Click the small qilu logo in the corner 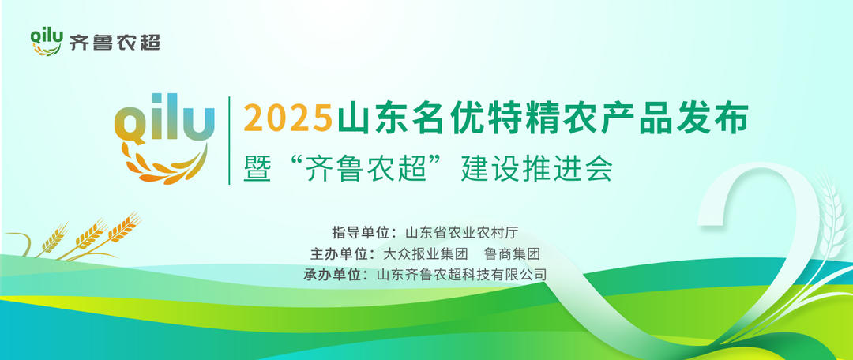[x=47, y=40]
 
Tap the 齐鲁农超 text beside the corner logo [x=115, y=43]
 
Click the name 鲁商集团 [x=512, y=254]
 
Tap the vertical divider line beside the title [x=229, y=141]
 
